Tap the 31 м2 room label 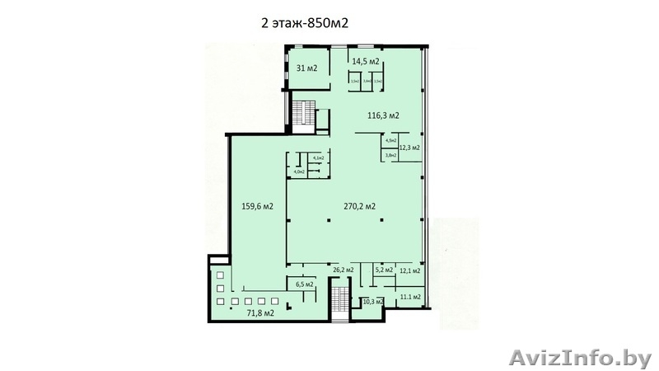point(307,68)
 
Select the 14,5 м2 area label point(366,62)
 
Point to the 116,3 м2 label point(383,115)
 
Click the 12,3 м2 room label point(409,148)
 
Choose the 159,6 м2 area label point(257,206)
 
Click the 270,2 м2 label point(359,206)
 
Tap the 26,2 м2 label point(344,270)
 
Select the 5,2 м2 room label point(383,270)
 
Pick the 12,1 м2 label point(409,270)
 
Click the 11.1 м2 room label point(409,296)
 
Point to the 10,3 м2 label point(374,302)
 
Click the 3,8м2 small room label point(391,155)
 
